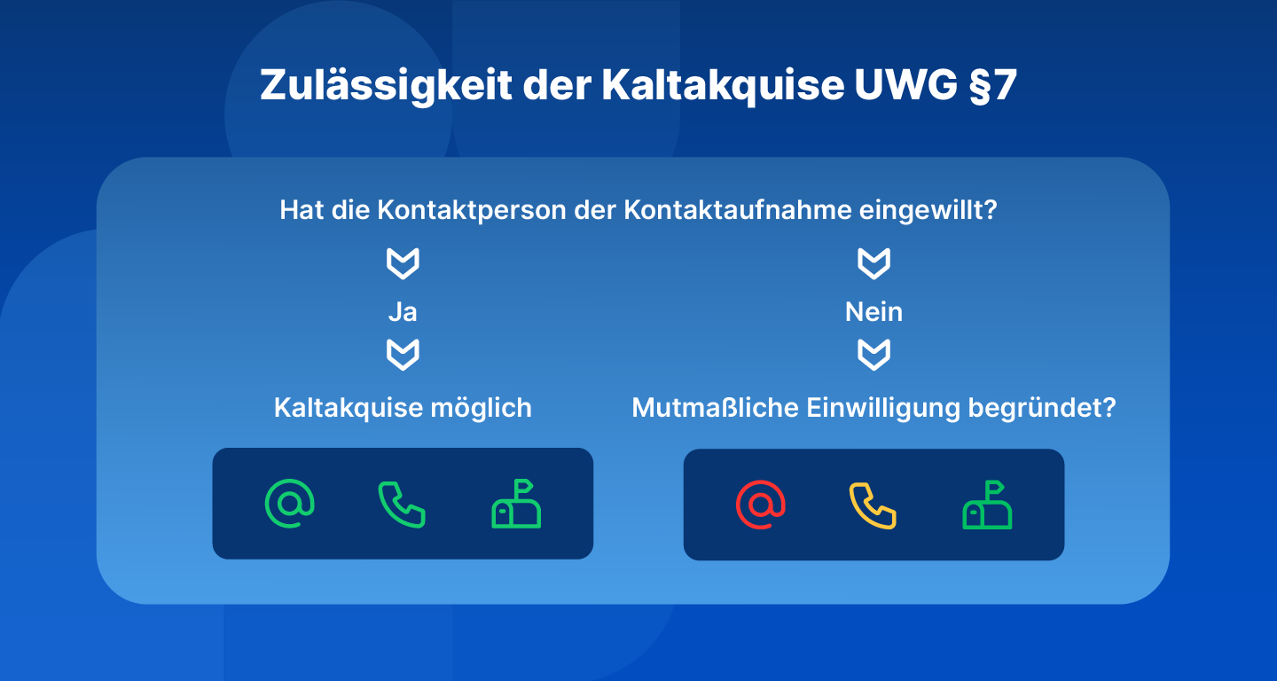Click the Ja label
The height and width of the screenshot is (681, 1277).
pyautogui.click(x=403, y=312)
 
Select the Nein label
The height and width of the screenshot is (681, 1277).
pyautogui.click(x=874, y=312)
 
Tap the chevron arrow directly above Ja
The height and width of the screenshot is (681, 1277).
pyautogui.click(x=403, y=263)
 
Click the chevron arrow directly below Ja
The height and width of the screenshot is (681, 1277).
pyautogui.click(x=403, y=355)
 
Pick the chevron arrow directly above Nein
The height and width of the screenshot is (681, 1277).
pyautogui.click(x=874, y=263)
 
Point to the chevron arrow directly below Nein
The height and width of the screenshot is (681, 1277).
pyautogui.click(x=874, y=355)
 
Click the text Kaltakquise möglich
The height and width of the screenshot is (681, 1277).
pyautogui.click(x=403, y=408)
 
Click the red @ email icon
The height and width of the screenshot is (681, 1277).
pyautogui.click(x=760, y=505)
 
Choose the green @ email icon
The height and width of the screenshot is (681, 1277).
pyautogui.click(x=289, y=504)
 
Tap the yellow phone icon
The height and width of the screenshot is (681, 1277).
pyautogui.click(x=873, y=505)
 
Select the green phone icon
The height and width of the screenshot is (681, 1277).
pyautogui.click(x=402, y=505)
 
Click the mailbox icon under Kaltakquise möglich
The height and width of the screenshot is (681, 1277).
pyautogui.click(x=516, y=505)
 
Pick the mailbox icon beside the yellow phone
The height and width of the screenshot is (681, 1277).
pyautogui.click(x=987, y=505)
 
